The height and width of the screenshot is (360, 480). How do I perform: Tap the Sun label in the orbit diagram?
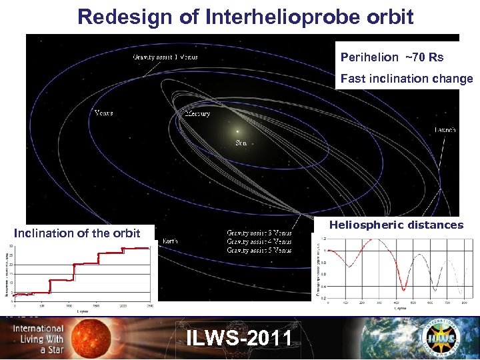[241, 143]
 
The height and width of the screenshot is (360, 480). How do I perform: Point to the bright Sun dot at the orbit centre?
[237, 131]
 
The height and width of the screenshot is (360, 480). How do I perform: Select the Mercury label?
[197, 114]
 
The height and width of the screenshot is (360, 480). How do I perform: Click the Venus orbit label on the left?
[103, 113]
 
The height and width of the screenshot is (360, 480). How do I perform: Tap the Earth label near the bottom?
[169, 241]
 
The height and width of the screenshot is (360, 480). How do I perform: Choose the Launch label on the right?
[445, 130]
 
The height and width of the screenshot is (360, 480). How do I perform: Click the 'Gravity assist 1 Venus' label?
[165, 57]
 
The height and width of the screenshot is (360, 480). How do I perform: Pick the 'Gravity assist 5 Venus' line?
[259, 251]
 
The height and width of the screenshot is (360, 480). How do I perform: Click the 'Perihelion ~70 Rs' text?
[392, 58]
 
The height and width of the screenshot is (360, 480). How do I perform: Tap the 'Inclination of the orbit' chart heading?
[77, 233]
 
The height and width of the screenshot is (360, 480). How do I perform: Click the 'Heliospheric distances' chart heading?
[396, 225]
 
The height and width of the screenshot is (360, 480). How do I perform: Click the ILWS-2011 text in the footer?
[239, 338]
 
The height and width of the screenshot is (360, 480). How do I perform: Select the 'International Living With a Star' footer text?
[39, 339]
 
